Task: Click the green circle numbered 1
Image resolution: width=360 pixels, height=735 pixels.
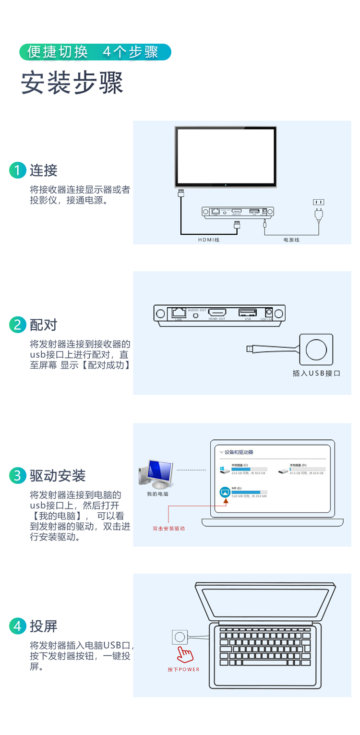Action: [18, 170]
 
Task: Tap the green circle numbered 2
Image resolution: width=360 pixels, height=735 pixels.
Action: [18, 325]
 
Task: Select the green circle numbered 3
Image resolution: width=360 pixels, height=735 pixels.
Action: [18, 476]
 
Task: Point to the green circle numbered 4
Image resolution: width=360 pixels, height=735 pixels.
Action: [18, 626]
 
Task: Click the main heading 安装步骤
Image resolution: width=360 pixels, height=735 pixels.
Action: [72, 83]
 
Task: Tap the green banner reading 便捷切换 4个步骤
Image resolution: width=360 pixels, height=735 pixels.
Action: [95, 52]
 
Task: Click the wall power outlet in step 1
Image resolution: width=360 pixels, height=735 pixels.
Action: [319, 203]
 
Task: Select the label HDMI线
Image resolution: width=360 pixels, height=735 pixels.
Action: [209, 240]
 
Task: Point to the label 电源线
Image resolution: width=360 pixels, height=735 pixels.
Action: [291, 240]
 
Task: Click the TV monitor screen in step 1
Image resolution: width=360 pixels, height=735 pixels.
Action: [226, 156]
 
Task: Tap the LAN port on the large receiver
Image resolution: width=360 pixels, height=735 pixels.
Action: [179, 313]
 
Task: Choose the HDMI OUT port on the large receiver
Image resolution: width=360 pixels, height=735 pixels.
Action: [217, 313]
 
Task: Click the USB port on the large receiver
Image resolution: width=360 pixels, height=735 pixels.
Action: [248, 313]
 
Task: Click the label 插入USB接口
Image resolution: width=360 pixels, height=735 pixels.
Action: [316, 374]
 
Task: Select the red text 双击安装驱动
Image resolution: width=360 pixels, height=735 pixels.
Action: [168, 529]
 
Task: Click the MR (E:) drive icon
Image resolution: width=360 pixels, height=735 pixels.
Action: [225, 492]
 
